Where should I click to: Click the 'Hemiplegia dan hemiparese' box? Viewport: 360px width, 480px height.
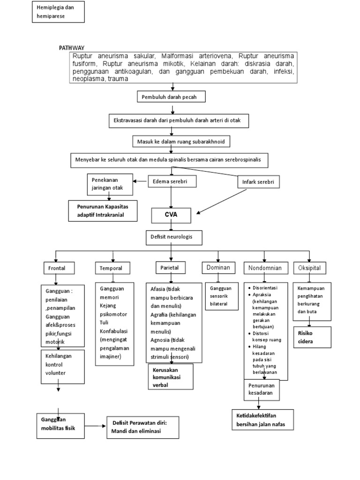pyautogui.click(x=58, y=12)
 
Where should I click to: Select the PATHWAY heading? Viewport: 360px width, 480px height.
pyautogui.click(x=72, y=48)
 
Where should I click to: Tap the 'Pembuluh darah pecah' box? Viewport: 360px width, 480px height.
pyautogui.click(x=171, y=97)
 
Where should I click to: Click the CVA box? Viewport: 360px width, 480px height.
pyautogui.click(x=171, y=216)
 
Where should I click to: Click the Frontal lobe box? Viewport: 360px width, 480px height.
pyautogui.click(x=57, y=269)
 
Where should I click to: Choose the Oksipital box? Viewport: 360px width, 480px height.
pyautogui.click(x=310, y=268)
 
